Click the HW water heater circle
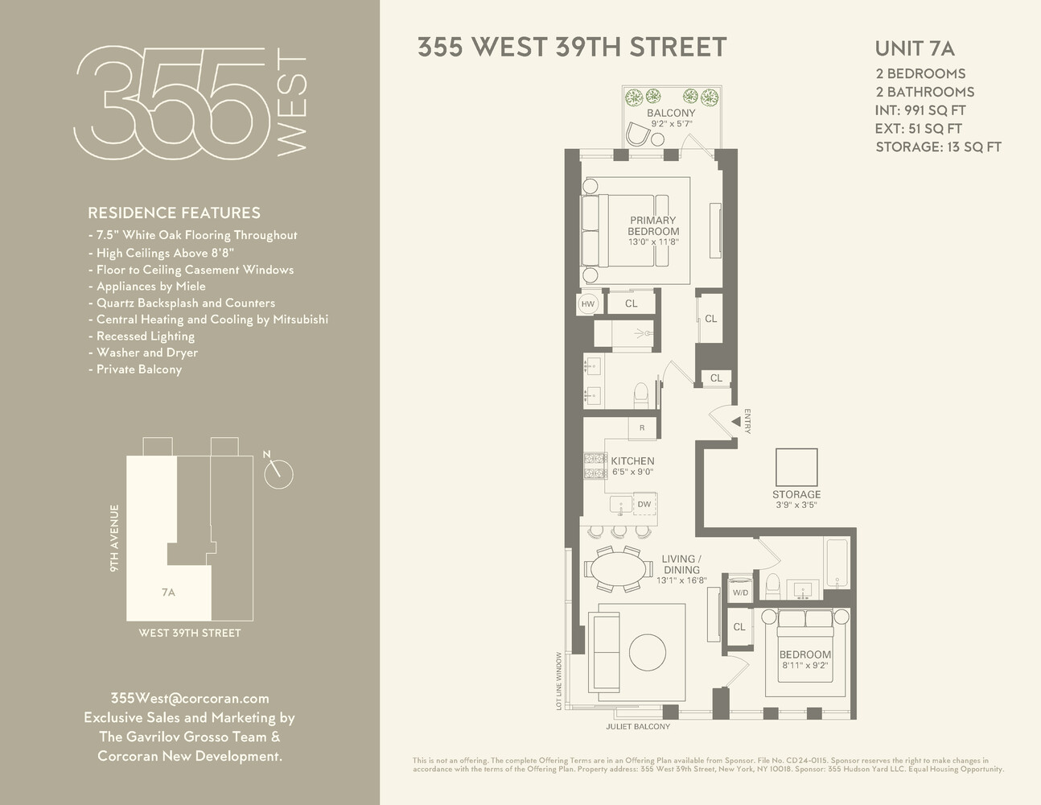[588, 303]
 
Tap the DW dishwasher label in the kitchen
[644, 505]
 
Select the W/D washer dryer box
[739, 592]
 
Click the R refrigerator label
[642, 428]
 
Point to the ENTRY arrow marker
[734, 421]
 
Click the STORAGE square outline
[796, 468]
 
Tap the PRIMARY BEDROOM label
[653, 226]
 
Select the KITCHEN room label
[632, 461]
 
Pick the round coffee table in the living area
[648, 652]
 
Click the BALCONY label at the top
[671, 114]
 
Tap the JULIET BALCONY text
[638, 727]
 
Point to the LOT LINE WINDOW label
[559, 681]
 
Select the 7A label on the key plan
[168, 592]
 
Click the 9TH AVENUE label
[115, 538]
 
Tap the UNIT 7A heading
[915, 48]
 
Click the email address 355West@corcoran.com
[189, 698]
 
